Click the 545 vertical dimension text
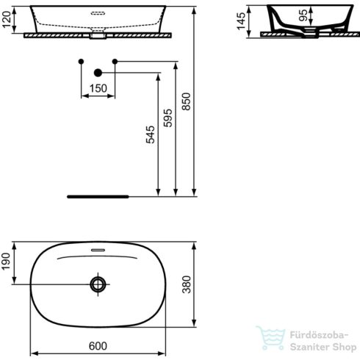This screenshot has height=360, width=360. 151,136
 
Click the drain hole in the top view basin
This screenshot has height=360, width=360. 98,284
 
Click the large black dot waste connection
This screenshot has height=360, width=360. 98,73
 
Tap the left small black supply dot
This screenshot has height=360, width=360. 82,61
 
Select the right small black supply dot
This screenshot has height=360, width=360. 115,61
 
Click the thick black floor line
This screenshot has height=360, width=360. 98,197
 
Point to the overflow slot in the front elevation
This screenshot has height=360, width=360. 98,12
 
